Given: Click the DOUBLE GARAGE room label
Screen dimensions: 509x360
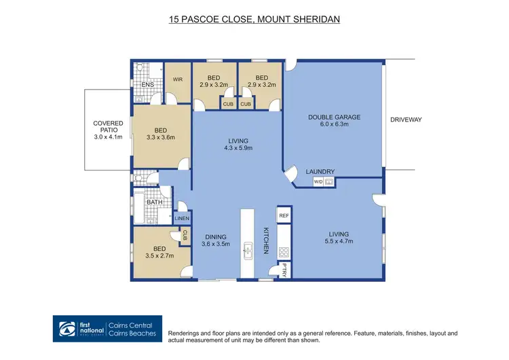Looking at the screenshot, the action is point(334,117).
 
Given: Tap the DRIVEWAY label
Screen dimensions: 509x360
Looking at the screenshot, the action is point(406,120).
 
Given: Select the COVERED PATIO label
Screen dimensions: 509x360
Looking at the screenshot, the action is point(108,126).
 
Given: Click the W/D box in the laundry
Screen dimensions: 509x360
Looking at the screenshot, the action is point(318,182).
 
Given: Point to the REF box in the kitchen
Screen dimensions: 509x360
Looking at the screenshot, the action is point(284,215).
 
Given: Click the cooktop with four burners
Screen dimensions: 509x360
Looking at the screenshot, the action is point(284,252).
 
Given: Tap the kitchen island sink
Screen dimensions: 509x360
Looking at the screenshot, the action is point(247,251).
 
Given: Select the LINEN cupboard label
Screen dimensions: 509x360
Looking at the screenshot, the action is point(182,218).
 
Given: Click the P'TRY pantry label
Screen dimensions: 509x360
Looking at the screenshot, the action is point(284,270).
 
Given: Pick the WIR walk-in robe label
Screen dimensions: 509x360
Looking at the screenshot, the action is point(178,79).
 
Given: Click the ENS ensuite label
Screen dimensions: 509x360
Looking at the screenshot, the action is point(148,84).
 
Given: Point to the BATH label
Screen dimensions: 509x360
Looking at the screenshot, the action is point(155,202).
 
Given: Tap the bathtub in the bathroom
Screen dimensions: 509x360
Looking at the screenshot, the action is point(139,209).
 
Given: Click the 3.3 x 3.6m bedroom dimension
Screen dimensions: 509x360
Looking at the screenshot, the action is point(161,137).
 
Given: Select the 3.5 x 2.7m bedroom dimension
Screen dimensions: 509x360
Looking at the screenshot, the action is point(159,255).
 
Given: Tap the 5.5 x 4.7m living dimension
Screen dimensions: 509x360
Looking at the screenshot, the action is point(339,241).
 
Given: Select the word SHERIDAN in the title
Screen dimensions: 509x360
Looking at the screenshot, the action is point(317,19).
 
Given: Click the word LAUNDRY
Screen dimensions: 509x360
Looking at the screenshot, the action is point(320,172).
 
